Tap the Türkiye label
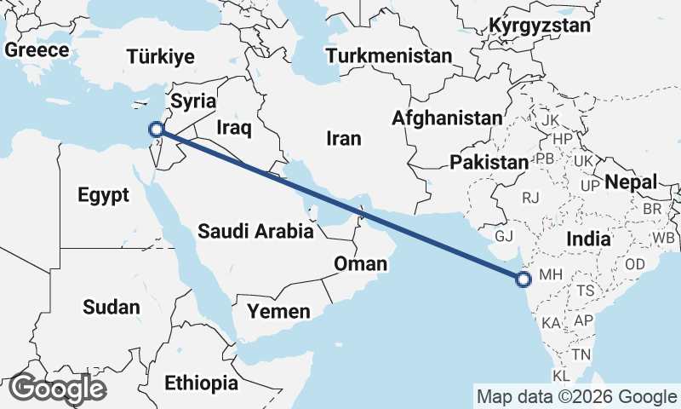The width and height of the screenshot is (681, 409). point(161,57)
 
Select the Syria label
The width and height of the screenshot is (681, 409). point(193,101)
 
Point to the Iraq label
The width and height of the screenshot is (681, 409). point(234,128)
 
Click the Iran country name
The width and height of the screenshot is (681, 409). point(344,138)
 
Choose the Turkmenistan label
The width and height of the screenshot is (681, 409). point(389,56)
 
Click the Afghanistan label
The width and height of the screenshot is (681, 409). point(447,118)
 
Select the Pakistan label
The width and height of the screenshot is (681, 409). point(489,162)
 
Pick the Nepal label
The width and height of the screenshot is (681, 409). point(631,181)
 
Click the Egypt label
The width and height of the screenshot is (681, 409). point(103,195)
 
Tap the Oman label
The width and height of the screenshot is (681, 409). point(360,263)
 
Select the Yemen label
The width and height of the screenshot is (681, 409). point(279,312)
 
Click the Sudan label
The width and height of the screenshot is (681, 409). point(112,306)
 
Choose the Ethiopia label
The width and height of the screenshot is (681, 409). point(202,383)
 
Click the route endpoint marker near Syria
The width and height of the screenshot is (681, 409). point(156,130)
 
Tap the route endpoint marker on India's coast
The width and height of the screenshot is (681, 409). point(524,278)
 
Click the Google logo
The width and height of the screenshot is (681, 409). point(57,389)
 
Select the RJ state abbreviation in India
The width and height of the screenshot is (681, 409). point(531,198)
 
